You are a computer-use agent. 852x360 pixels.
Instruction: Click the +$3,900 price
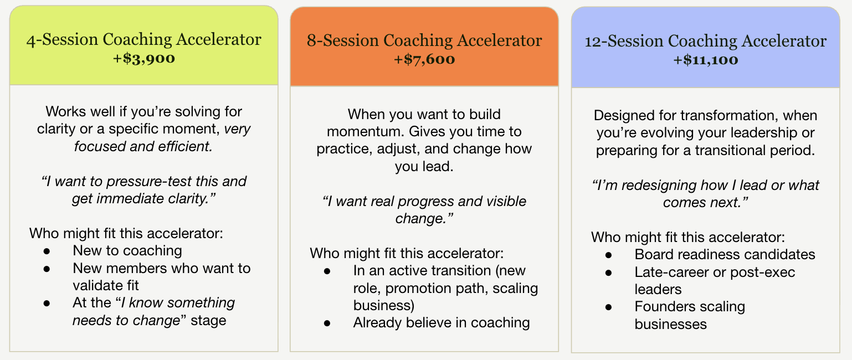click(x=144, y=58)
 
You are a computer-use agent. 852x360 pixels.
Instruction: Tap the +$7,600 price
click(x=424, y=59)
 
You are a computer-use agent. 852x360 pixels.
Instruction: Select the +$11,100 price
click(x=706, y=60)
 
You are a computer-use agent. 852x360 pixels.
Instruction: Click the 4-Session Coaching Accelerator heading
click(x=144, y=39)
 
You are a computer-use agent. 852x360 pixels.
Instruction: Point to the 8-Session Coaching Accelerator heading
click(x=424, y=40)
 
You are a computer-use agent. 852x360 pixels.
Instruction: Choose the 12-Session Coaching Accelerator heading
click(x=706, y=41)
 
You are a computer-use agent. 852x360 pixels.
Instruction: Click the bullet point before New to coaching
click(x=47, y=251)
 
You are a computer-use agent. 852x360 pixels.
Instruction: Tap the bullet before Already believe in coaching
click(x=327, y=323)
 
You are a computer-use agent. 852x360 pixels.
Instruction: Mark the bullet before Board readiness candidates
click(x=609, y=255)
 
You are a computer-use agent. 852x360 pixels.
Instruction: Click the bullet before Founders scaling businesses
click(x=609, y=307)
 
